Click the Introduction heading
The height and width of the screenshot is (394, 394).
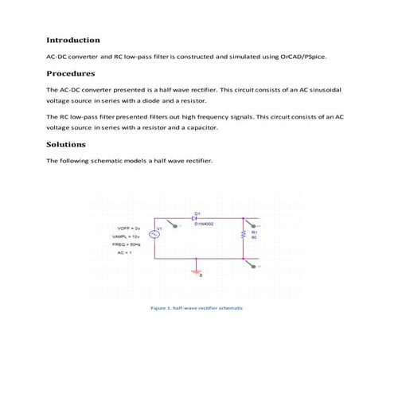click(72, 40)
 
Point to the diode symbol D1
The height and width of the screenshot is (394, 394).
click(195, 219)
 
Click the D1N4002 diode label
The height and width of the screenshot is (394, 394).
click(204, 225)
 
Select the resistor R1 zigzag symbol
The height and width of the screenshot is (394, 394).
click(242, 236)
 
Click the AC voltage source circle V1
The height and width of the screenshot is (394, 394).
click(148, 234)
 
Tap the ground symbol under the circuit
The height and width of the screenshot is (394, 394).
click(194, 271)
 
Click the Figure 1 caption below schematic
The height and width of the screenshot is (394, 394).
click(196, 307)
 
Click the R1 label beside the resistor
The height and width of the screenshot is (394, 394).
click(254, 232)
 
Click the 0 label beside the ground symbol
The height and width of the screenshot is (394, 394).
click(201, 275)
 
